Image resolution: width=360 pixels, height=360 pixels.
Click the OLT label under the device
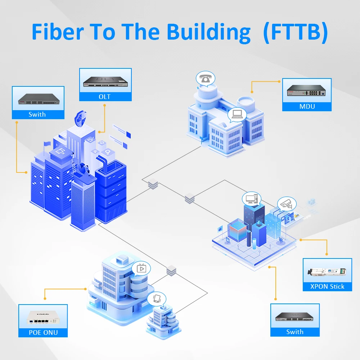[x=105, y=96]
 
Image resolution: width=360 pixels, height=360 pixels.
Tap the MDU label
[x=307, y=106]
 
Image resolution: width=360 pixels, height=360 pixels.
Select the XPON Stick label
[x=327, y=287]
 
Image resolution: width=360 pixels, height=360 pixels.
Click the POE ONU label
[x=43, y=332]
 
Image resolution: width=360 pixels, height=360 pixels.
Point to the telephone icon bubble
[x=205, y=79]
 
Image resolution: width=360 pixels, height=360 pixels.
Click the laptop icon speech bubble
[x=237, y=114]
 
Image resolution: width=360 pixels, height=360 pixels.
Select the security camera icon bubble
[x=286, y=204]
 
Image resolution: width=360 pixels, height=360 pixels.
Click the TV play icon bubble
[x=141, y=268]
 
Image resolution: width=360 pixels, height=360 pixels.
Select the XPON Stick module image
[x=326, y=273]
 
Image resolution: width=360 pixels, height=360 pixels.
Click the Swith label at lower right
[x=295, y=332]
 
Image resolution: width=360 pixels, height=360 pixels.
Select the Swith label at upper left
[x=37, y=114]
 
